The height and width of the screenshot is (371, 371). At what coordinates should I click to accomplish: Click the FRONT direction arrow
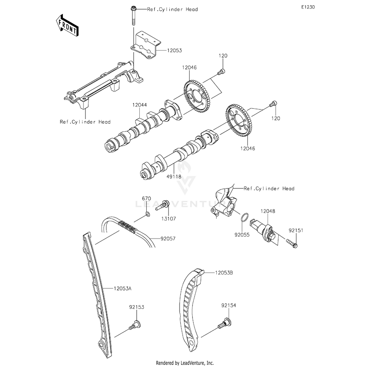click(67, 25)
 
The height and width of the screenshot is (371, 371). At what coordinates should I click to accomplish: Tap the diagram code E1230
click(308, 7)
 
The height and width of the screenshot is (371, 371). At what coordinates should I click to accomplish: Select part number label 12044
click(140, 105)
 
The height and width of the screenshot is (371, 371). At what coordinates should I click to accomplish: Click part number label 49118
click(174, 177)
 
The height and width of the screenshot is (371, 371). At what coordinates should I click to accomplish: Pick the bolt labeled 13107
click(162, 205)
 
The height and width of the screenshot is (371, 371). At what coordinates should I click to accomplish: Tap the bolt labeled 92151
click(292, 244)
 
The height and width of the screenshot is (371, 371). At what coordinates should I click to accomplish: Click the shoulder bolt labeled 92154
click(224, 323)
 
